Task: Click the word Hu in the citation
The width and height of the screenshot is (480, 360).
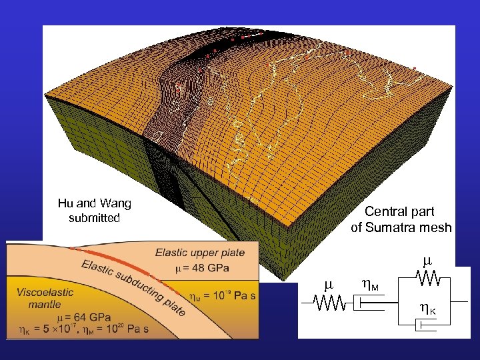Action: coord(65,203)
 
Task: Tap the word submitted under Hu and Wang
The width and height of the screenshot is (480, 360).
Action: coord(94,218)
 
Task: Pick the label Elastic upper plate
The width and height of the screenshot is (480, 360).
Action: coord(200,253)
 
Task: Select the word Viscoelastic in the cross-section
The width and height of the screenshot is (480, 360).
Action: coord(45,292)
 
